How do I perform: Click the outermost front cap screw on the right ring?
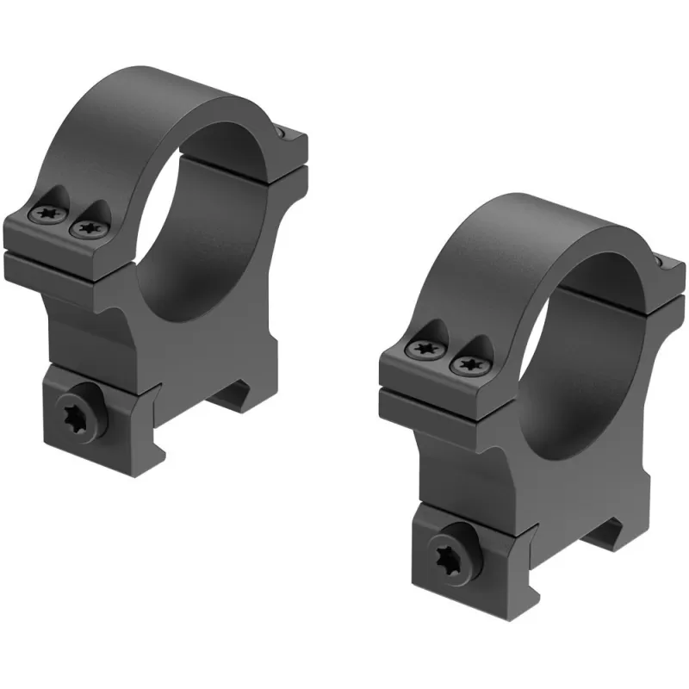pyautogui.click(x=423, y=349)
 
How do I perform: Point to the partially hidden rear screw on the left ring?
pyautogui.click(x=281, y=132)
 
